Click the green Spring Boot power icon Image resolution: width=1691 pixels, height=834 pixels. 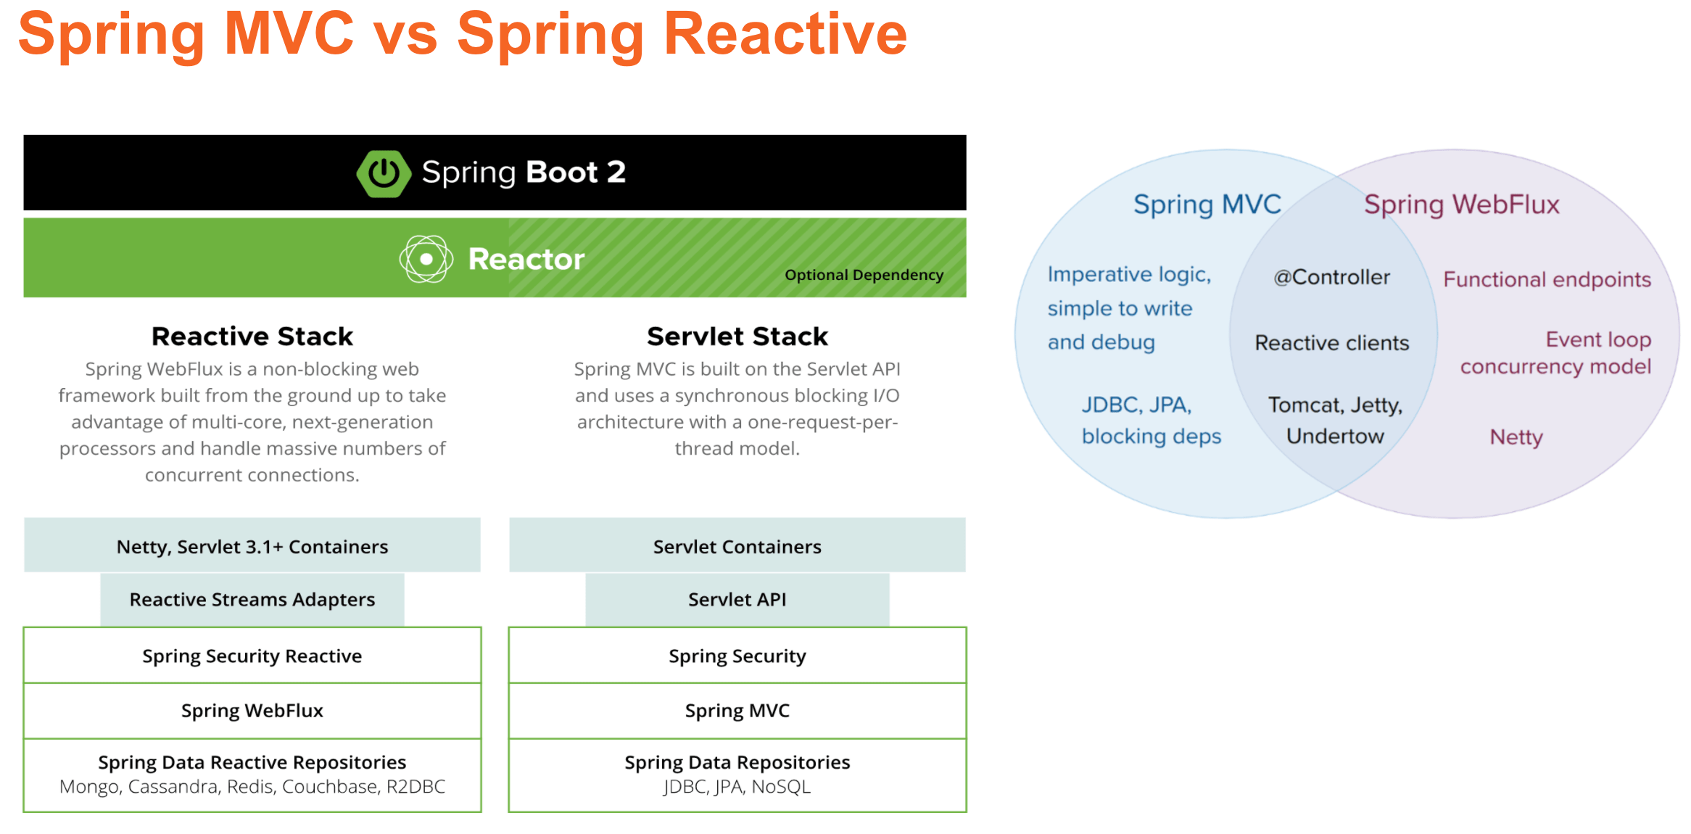[384, 173]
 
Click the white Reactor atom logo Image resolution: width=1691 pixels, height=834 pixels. [426, 259]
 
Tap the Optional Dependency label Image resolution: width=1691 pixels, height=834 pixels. [864, 275]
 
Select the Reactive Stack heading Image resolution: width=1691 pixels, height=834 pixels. [252, 337]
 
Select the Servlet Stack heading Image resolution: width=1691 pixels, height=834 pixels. [737, 337]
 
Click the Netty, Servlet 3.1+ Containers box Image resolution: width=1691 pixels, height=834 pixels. [252, 546]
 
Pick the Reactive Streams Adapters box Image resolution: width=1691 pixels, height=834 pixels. [252, 600]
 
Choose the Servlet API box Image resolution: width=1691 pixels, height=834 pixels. [737, 600]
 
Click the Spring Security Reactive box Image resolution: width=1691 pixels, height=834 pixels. [252, 656]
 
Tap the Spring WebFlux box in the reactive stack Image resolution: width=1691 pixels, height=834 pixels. [252, 711]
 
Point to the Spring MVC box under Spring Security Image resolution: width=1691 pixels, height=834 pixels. [737, 711]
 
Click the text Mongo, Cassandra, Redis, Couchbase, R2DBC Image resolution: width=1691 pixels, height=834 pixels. [252, 787]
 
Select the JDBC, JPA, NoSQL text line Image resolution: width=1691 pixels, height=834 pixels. [737, 787]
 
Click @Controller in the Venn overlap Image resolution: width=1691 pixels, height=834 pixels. [1331, 277]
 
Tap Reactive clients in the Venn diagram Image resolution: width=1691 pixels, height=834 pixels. [1331, 343]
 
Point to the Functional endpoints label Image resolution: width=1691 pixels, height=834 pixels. [1547, 279]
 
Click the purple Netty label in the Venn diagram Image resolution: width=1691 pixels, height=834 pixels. [1516, 437]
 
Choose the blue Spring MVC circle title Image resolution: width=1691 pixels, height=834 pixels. [1207, 205]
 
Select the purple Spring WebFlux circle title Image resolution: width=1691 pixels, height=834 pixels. [1461, 205]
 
